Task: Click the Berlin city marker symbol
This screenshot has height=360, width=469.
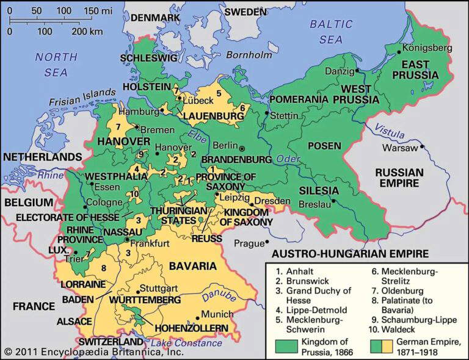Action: [242, 148]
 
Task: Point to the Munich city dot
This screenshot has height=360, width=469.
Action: [197, 319]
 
